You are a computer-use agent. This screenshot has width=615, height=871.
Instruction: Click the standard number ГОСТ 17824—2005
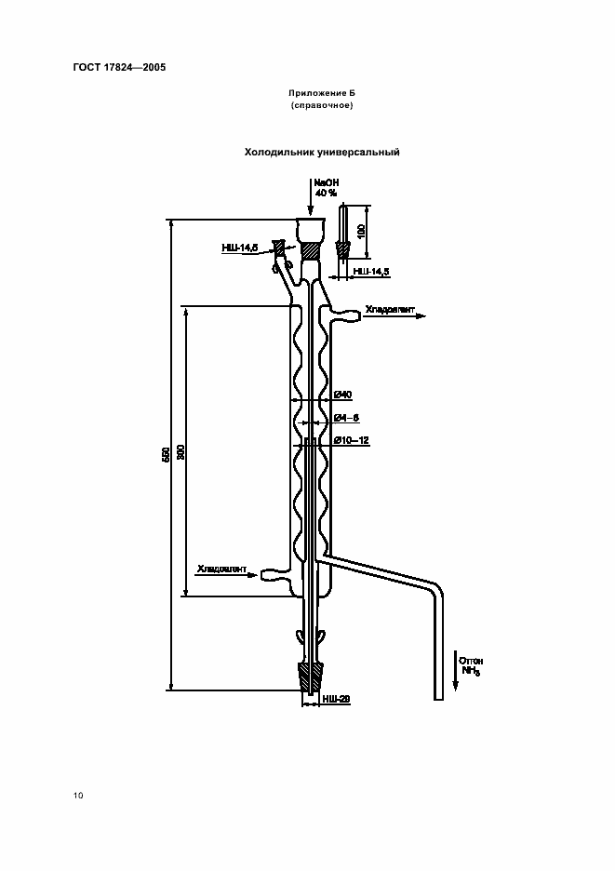click(x=113, y=67)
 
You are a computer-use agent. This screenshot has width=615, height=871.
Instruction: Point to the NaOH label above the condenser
click(x=327, y=183)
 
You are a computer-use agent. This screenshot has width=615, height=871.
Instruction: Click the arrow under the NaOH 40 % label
click(x=311, y=200)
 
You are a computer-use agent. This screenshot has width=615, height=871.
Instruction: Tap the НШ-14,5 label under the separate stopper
click(x=370, y=271)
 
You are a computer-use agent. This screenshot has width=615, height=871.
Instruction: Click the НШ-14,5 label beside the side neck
click(x=239, y=248)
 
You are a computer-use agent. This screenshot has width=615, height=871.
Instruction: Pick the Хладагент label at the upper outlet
click(x=386, y=310)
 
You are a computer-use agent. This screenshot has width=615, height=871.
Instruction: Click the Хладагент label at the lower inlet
click(x=220, y=568)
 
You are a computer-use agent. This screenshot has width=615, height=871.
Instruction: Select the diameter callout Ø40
click(x=341, y=395)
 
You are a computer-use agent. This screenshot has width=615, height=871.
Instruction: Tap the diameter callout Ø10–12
click(x=351, y=439)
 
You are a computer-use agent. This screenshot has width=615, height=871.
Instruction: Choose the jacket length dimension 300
click(x=182, y=451)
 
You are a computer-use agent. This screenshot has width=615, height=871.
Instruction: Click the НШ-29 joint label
click(x=336, y=698)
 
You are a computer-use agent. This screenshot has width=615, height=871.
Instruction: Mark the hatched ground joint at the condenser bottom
click(x=310, y=676)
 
